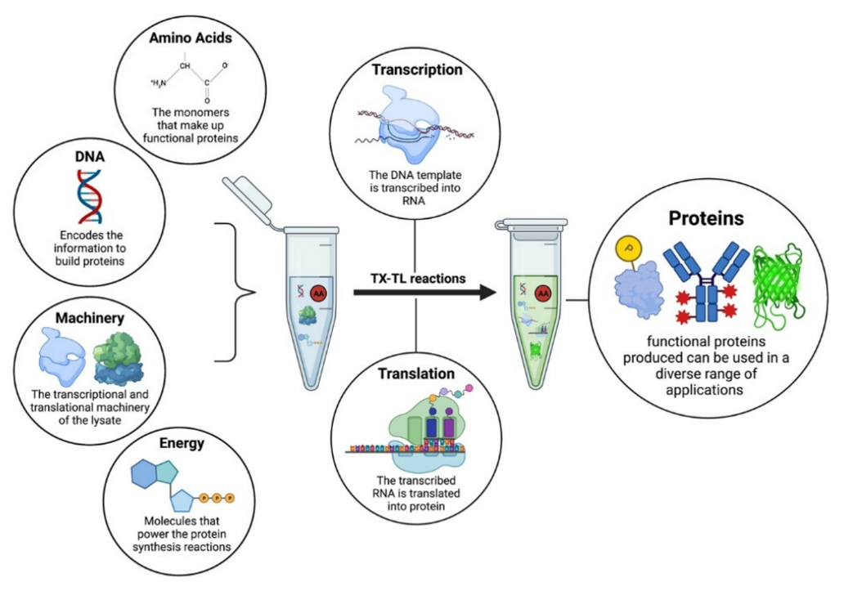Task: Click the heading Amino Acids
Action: click(x=190, y=38)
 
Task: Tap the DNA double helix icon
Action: click(x=89, y=196)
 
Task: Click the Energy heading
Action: click(x=182, y=444)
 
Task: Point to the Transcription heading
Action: click(x=417, y=69)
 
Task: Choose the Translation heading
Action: click(x=416, y=374)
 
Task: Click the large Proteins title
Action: click(x=707, y=219)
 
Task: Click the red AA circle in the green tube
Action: click(x=541, y=291)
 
